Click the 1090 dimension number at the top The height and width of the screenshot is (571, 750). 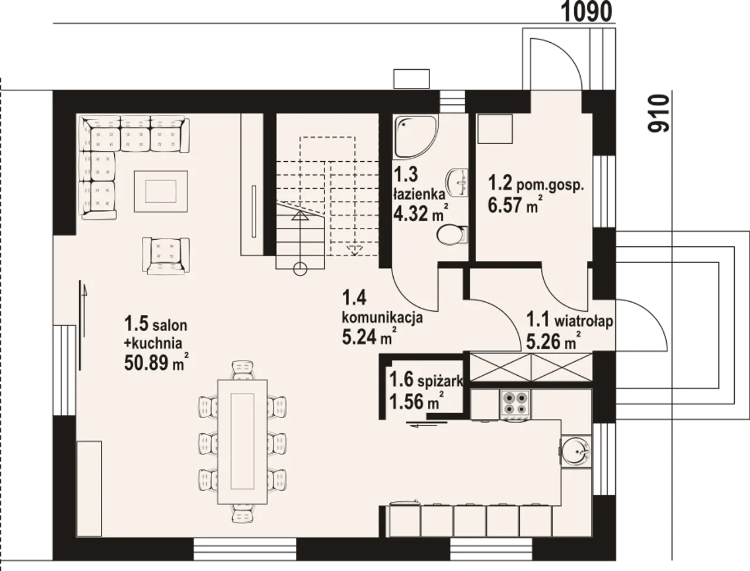(x=587, y=12)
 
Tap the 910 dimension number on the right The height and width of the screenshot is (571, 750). (x=659, y=114)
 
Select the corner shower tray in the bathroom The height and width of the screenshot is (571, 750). (x=415, y=137)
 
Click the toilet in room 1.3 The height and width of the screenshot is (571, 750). (x=452, y=234)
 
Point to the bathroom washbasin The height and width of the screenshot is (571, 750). (x=457, y=182)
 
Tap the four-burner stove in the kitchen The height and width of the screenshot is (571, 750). (x=515, y=405)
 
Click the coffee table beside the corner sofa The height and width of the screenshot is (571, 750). (x=161, y=191)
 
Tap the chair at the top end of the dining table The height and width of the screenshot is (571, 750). (x=243, y=370)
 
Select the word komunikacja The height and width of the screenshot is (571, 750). (x=383, y=318)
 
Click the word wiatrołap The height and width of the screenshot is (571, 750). (x=584, y=322)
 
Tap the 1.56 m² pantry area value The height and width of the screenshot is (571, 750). (x=417, y=401)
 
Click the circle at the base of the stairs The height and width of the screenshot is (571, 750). (x=301, y=269)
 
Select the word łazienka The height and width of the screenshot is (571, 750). (x=420, y=194)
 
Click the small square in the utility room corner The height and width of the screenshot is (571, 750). (x=495, y=129)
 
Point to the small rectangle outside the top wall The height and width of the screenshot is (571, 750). (x=411, y=79)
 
